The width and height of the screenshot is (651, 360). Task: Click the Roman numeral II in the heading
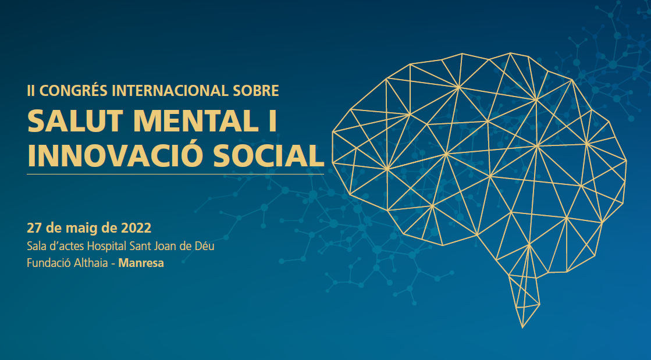pyautogui.click(x=31, y=91)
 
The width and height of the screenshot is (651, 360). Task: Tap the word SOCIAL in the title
pyautogui.click(x=269, y=155)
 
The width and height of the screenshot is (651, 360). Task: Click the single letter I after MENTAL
pyautogui.click(x=272, y=121)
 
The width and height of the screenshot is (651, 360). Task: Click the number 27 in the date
pyautogui.click(x=33, y=228)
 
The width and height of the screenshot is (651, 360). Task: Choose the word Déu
pyautogui.click(x=205, y=246)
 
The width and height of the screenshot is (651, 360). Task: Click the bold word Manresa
pyautogui.click(x=141, y=263)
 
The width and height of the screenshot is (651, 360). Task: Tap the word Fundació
pyautogui.click(x=48, y=263)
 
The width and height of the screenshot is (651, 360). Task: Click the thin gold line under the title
pyautogui.click(x=176, y=174)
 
